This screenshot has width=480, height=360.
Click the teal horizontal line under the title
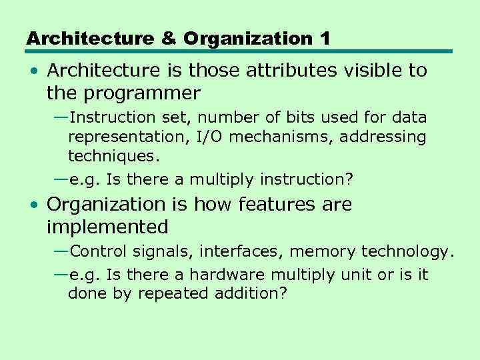click(x=239, y=52)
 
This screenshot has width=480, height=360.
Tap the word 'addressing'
click(x=386, y=137)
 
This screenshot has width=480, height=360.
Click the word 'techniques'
click(x=112, y=157)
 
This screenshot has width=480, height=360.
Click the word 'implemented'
click(x=107, y=227)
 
